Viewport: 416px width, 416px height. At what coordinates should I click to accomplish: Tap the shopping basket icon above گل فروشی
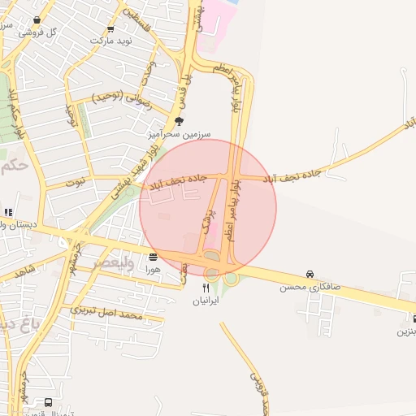37,20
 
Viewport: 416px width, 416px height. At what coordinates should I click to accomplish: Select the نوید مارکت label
110,40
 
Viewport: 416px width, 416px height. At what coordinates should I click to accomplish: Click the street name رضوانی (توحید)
123,101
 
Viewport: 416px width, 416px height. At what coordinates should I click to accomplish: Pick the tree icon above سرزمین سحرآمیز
179,120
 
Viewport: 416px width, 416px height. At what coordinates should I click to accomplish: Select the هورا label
153,268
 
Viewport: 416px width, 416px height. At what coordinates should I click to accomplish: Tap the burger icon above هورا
154,257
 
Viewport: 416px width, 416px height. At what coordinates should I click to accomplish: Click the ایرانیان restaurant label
206,300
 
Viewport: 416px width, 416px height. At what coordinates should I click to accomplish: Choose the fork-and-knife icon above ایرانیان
206,288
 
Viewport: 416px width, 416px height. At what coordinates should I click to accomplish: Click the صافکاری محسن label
310,287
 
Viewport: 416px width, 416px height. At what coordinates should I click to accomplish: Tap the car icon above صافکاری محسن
310,275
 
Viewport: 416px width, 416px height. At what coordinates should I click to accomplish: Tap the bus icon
49,403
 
